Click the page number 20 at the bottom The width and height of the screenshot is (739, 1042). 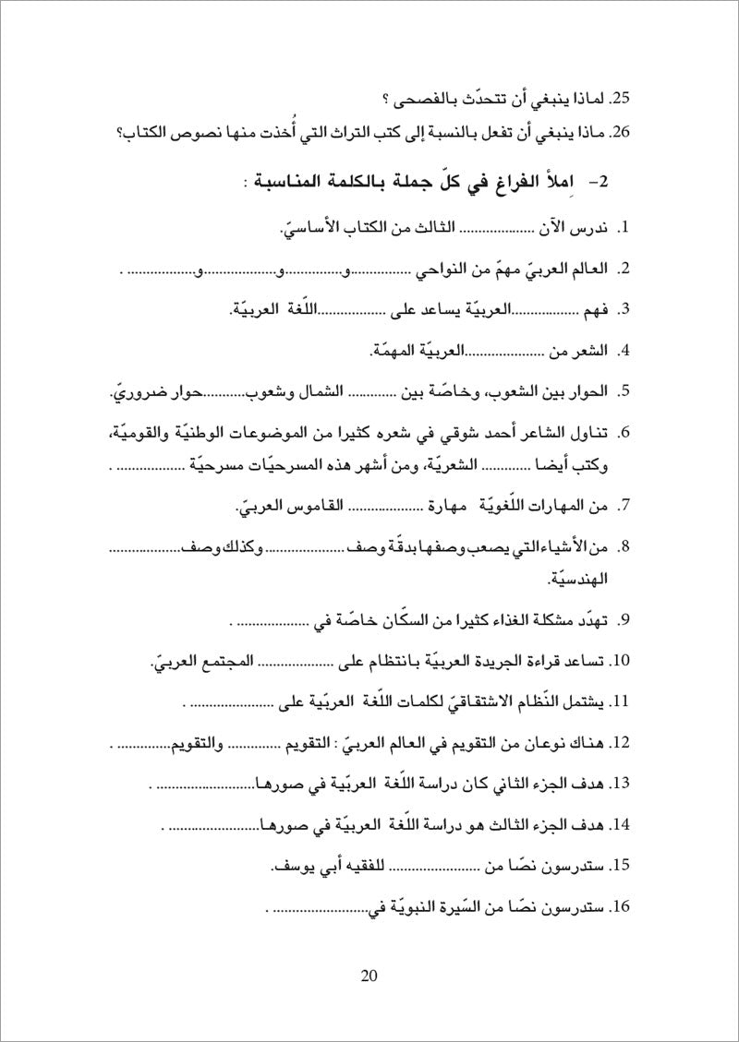coord(369,977)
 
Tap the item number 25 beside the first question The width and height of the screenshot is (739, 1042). coord(621,96)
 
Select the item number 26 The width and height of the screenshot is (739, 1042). coord(621,133)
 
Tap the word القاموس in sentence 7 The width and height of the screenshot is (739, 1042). coord(283,507)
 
